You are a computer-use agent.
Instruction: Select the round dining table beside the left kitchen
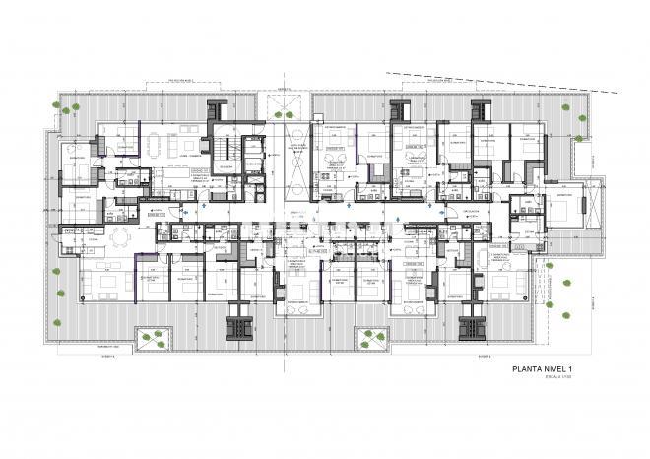pos(119,237)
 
